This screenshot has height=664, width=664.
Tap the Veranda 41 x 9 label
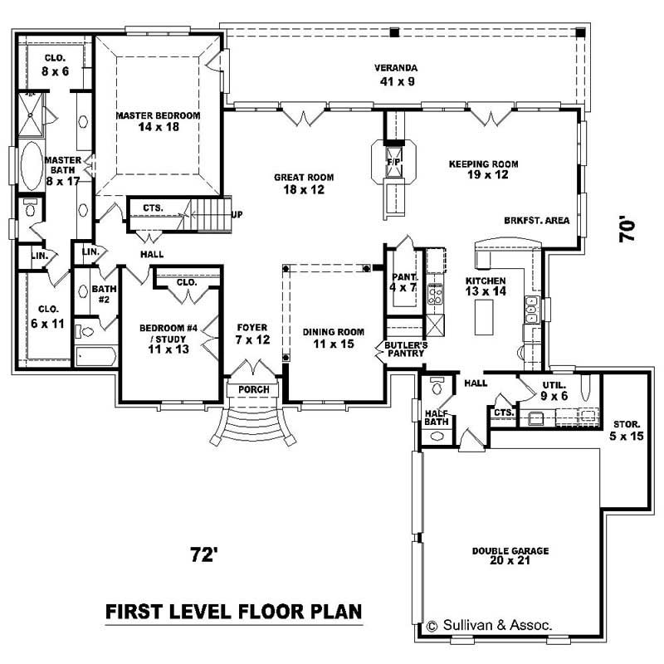tap(395, 75)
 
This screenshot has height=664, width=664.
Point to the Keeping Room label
tap(478, 169)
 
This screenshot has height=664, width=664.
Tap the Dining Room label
tap(329, 338)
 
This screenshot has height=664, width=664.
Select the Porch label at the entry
tap(251, 389)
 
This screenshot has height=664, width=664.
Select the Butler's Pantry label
tap(405, 349)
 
